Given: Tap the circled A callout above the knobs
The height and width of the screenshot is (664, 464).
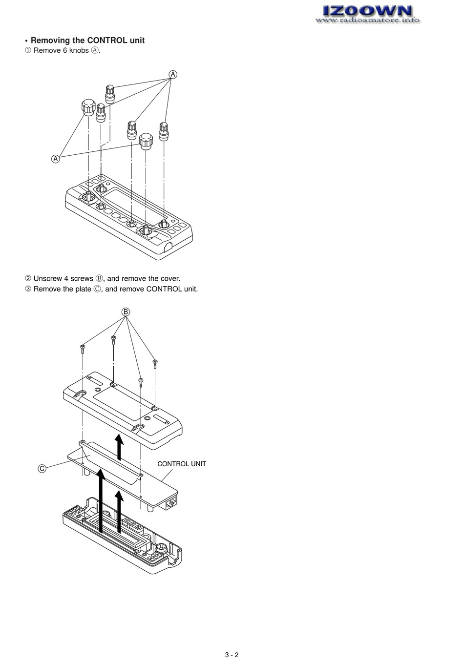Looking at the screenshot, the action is pyautogui.click(x=173, y=74).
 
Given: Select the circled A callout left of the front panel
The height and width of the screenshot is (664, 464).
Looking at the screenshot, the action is pyautogui.click(x=55, y=159).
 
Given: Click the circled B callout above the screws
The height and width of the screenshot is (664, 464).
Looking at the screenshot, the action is pyautogui.click(x=126, y=311).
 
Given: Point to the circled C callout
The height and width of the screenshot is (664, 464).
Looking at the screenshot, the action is pyautogui.click(x=42, y=469).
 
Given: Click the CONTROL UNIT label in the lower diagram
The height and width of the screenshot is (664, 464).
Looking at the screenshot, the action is pyautogui.click(x=182, y=464).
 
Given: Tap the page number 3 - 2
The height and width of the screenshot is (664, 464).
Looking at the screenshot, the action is pyautogui.click(x=232, y=655).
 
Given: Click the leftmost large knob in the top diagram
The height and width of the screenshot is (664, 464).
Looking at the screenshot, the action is pyautogui.click(x=88, y=106).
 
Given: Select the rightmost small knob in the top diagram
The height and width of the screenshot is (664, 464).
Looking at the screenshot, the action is pyautogui.click(x=164, y=131).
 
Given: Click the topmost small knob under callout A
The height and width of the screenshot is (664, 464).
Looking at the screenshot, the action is pyautogui.click(x=109, y=93).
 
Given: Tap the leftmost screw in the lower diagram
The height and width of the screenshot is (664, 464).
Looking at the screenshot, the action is pyautogui.click(x=83, y=348).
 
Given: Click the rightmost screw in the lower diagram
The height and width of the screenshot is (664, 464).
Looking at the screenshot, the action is pyautogui.click(x=155, y=363).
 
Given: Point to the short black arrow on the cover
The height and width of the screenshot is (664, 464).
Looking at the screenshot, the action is pyautogui.click(x=119, y=446).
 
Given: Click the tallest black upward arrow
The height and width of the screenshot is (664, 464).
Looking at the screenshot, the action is pyautogui.click(x=101, y=500).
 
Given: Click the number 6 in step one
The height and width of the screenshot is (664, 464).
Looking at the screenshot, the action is pyautogui.click(x=65, y=51).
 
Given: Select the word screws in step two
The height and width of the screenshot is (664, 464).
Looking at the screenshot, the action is pyautogui.click(x=82, y=279).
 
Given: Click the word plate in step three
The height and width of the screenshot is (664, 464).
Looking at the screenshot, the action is pyautogui.click(x=81, y=289).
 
